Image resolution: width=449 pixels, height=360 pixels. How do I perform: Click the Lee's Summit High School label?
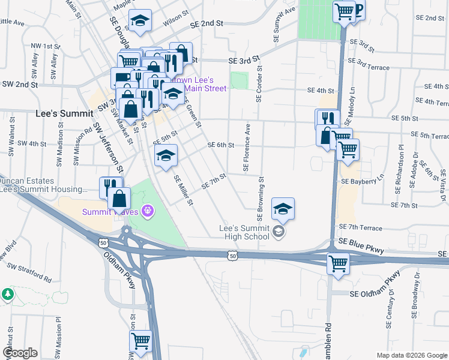coord(246,232)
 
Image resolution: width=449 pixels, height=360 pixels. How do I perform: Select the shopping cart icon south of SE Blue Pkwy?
coord(338,262)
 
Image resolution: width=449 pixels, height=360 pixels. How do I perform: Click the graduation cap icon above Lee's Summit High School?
coord(283,208)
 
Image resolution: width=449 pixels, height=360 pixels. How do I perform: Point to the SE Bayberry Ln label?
coord(362,180)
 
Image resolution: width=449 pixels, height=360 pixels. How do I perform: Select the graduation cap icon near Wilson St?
coord(140,21)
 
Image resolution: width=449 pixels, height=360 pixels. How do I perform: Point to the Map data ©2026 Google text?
coord(411,355)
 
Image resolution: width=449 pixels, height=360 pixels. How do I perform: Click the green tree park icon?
coord(8,295)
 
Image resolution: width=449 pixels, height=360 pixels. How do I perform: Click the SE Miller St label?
coord(183,190)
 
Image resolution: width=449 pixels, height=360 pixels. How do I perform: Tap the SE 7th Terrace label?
coord(360,227)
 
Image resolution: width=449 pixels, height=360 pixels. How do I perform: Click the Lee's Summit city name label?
coord(64,113)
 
